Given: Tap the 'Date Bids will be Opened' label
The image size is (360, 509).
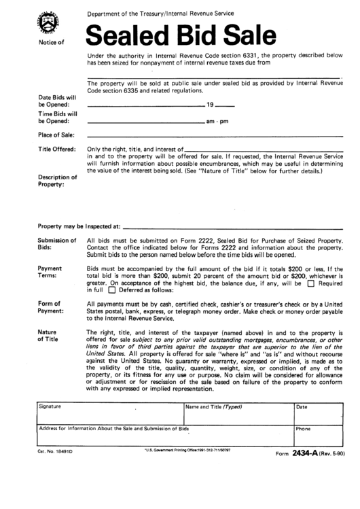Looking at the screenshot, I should pos(57,101).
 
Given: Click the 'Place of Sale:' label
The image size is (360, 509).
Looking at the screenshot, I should pos(56,135).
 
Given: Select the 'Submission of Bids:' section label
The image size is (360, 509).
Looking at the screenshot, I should pos(57,244).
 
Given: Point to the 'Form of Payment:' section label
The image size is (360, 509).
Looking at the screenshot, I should pos(52,306).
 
